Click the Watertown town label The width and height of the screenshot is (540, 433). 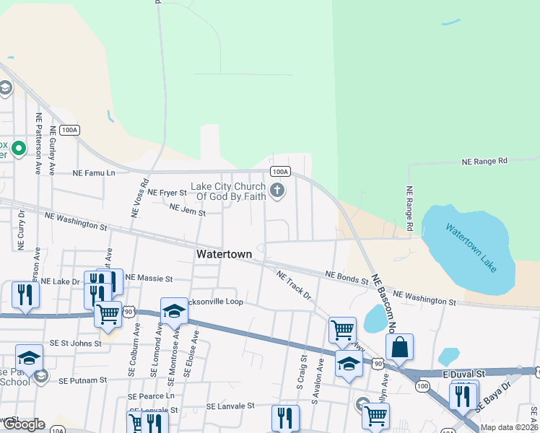tap(224, 255)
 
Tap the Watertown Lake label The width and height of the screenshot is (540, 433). tap(471, 248)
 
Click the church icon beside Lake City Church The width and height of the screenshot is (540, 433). tap(276, 191)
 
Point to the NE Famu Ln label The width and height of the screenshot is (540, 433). tap(94, 173)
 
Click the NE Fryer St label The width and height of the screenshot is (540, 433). tap(167, 193)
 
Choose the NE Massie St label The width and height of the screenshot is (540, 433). tap(149, 278)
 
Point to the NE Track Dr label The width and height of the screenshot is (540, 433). tap(294, 285)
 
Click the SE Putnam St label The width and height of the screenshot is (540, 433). tap(82, 380)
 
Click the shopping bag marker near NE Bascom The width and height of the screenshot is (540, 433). tap(399, 347)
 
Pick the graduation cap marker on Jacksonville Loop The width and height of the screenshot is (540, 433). tap(174, 310)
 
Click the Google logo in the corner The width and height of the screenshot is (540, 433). tap(23, 424)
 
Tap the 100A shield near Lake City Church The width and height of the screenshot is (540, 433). tap(280, 172)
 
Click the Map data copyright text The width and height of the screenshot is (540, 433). tap(509, 427)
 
